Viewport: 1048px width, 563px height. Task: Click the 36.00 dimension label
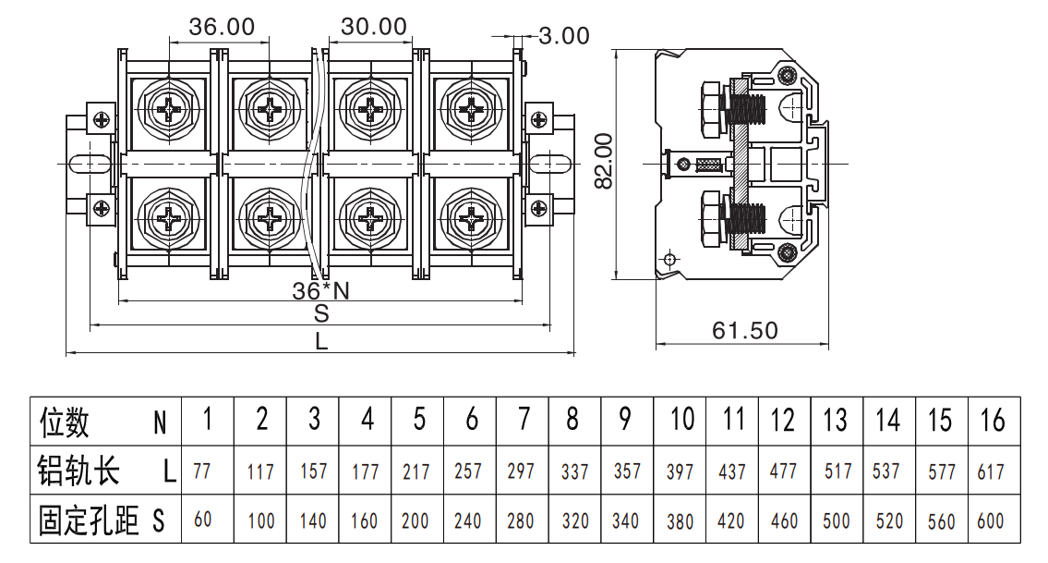[222, 27]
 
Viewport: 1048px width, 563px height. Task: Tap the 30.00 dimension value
[374, 27]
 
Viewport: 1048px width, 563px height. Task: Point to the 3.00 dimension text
[564, 35]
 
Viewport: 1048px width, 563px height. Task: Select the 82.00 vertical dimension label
[604, 161]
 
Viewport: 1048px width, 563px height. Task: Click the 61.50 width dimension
[744, 330]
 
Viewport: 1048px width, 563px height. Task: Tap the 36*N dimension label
[320, 290]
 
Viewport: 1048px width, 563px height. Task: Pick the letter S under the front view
[321, 312]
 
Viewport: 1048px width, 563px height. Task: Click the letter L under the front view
[321, 341]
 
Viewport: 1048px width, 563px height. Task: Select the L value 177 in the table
[365, 472]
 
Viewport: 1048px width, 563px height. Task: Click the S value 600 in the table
[991, 520]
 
